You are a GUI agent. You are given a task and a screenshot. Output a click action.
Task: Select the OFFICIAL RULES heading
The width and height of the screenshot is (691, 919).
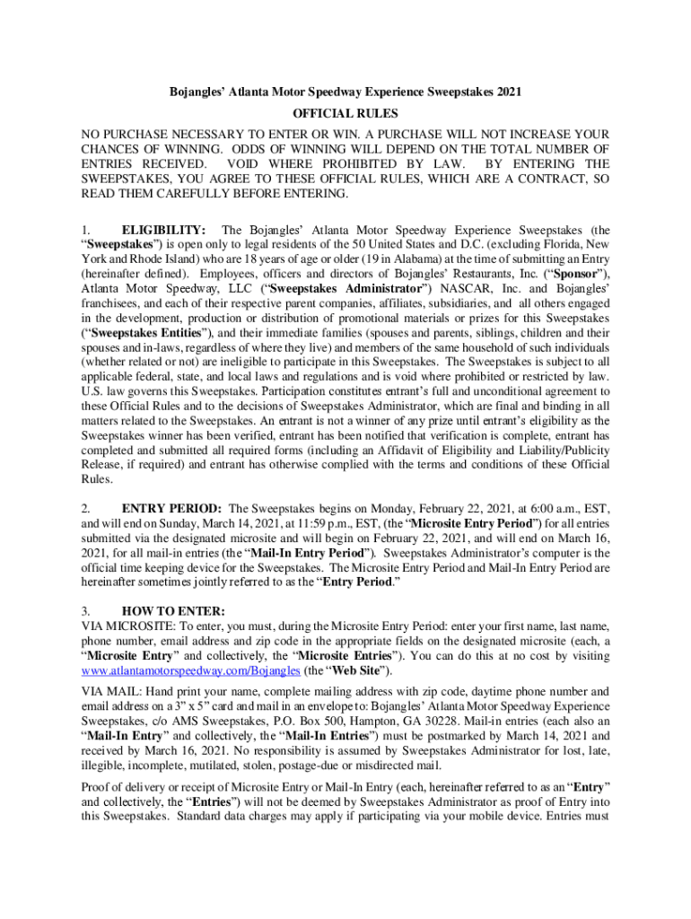coord(345,115)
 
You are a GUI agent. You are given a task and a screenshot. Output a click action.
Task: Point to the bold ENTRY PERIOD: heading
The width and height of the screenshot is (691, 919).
coord(173,507)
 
